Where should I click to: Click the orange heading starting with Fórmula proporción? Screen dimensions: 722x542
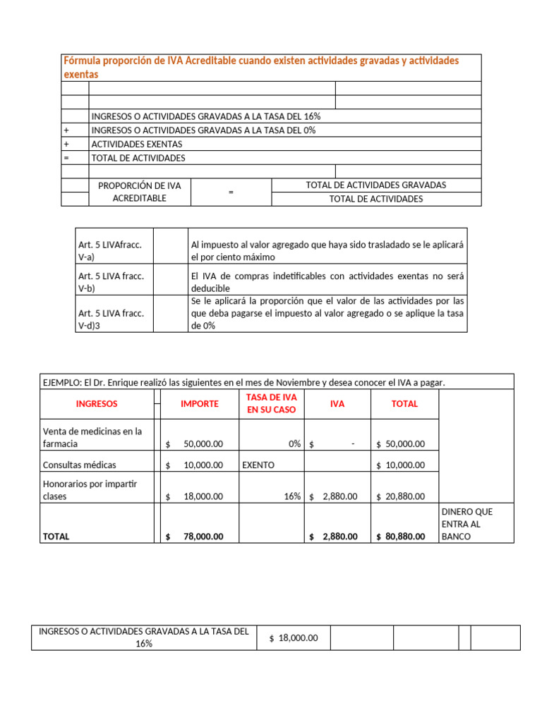tap(261, 67)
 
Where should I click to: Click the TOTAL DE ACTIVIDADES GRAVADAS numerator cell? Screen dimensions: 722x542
tap(375, 185)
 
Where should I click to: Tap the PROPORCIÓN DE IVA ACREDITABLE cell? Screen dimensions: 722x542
tap(140, 192)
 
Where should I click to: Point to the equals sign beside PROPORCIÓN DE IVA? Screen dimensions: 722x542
tap(231, 192)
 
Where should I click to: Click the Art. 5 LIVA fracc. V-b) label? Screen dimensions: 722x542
tap(111, 282)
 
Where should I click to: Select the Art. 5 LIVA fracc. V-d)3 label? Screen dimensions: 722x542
tap(111, 319)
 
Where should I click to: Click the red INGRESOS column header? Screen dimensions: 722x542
tap(97, 404)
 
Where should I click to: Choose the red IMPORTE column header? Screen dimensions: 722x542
tap(200, 404)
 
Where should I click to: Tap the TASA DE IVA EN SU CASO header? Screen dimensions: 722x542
tap(272, 404)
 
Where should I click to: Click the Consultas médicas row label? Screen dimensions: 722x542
tap(80, 465)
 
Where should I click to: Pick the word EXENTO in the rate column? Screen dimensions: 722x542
tap(258, 465)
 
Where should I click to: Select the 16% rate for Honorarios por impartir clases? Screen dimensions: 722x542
tap(292, 496)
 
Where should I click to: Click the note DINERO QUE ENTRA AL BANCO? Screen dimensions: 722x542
tap(466, 524)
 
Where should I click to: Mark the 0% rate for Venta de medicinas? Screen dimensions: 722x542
tap(294, 444)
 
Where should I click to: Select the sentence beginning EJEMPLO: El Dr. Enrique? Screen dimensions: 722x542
tap(244, 382)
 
